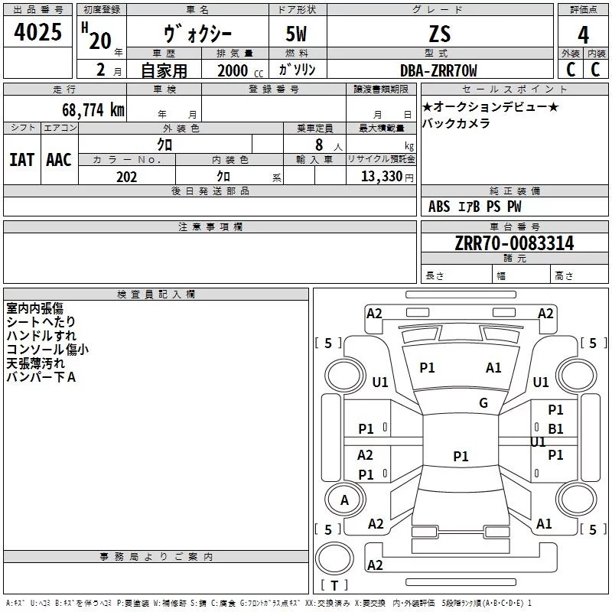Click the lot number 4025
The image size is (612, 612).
coord(37,32)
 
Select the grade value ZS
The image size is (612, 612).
coord(440,34)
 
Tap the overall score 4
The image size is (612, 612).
coord(583,35)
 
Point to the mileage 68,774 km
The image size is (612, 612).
coord(93,110)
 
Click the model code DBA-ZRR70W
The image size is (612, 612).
coord(438,70)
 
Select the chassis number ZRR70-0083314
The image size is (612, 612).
coord(514,243)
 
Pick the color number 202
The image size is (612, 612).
coord(126,177)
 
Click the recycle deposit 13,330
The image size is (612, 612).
coord(381,177)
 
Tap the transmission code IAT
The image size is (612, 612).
coord(22,160)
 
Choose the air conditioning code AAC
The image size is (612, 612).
coord(59,160)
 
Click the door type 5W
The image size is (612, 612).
coord(296,34)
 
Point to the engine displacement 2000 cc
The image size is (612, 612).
coord(240,70)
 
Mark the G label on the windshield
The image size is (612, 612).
coord(483,403)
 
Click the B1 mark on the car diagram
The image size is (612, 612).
coord(555,429)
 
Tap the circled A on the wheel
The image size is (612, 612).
coord(345,500)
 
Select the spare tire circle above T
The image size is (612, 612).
coord(334,558)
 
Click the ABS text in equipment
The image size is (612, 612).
coord(439,207)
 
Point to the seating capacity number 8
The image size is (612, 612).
coord(319,145)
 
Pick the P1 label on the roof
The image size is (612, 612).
coord(461,456)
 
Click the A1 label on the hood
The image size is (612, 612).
coord(493,368)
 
